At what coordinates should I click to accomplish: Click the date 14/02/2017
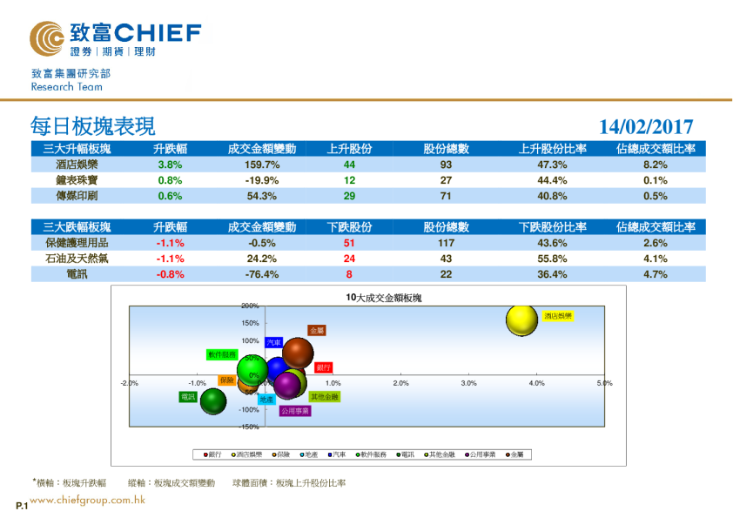(646, 127)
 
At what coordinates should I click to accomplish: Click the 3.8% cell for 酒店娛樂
(169, 165)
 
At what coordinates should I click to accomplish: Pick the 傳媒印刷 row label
(77, 196)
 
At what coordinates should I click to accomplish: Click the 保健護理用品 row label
(77, 243)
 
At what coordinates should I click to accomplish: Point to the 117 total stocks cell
(446, 243)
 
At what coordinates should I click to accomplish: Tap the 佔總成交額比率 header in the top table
(655, 149)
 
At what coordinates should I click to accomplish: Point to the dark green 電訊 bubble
(213, 401)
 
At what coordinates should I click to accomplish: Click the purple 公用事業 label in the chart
(295, 411)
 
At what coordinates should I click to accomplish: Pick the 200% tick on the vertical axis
(250, 306)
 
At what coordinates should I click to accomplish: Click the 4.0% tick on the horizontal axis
(536, 383)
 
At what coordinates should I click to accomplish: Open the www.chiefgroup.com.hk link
(87, 501)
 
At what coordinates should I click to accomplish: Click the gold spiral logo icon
(46, 37)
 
